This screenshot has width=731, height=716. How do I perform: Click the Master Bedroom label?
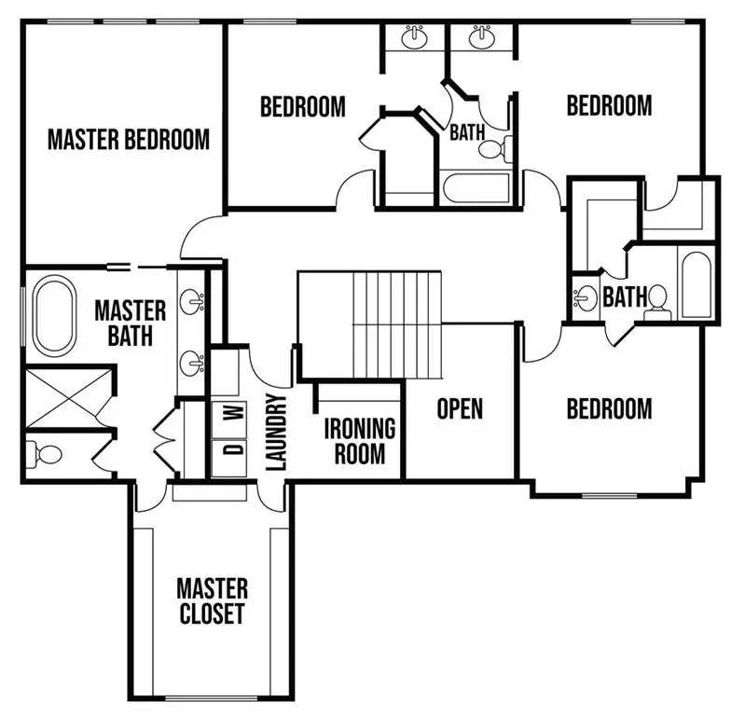pos(129,140)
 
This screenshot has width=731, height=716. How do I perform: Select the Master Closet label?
pos(213,601)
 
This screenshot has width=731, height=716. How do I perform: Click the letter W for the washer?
pos(236,410)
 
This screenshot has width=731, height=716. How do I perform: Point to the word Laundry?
pos(275,432)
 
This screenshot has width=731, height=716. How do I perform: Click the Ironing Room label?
pos(360,441)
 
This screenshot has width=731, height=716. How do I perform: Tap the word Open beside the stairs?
pos(460,409)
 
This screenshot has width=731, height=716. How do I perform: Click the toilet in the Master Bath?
pos(45,454)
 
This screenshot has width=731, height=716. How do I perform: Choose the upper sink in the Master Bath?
pos(194,301)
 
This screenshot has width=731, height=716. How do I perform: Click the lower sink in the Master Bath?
pos(194,362)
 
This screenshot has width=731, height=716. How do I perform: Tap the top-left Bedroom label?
pos(302,106)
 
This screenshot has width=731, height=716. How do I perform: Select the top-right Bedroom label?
pos(609,105)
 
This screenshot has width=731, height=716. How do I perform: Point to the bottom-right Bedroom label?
pos(609,408)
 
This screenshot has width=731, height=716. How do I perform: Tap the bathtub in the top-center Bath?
pos(476,188)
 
